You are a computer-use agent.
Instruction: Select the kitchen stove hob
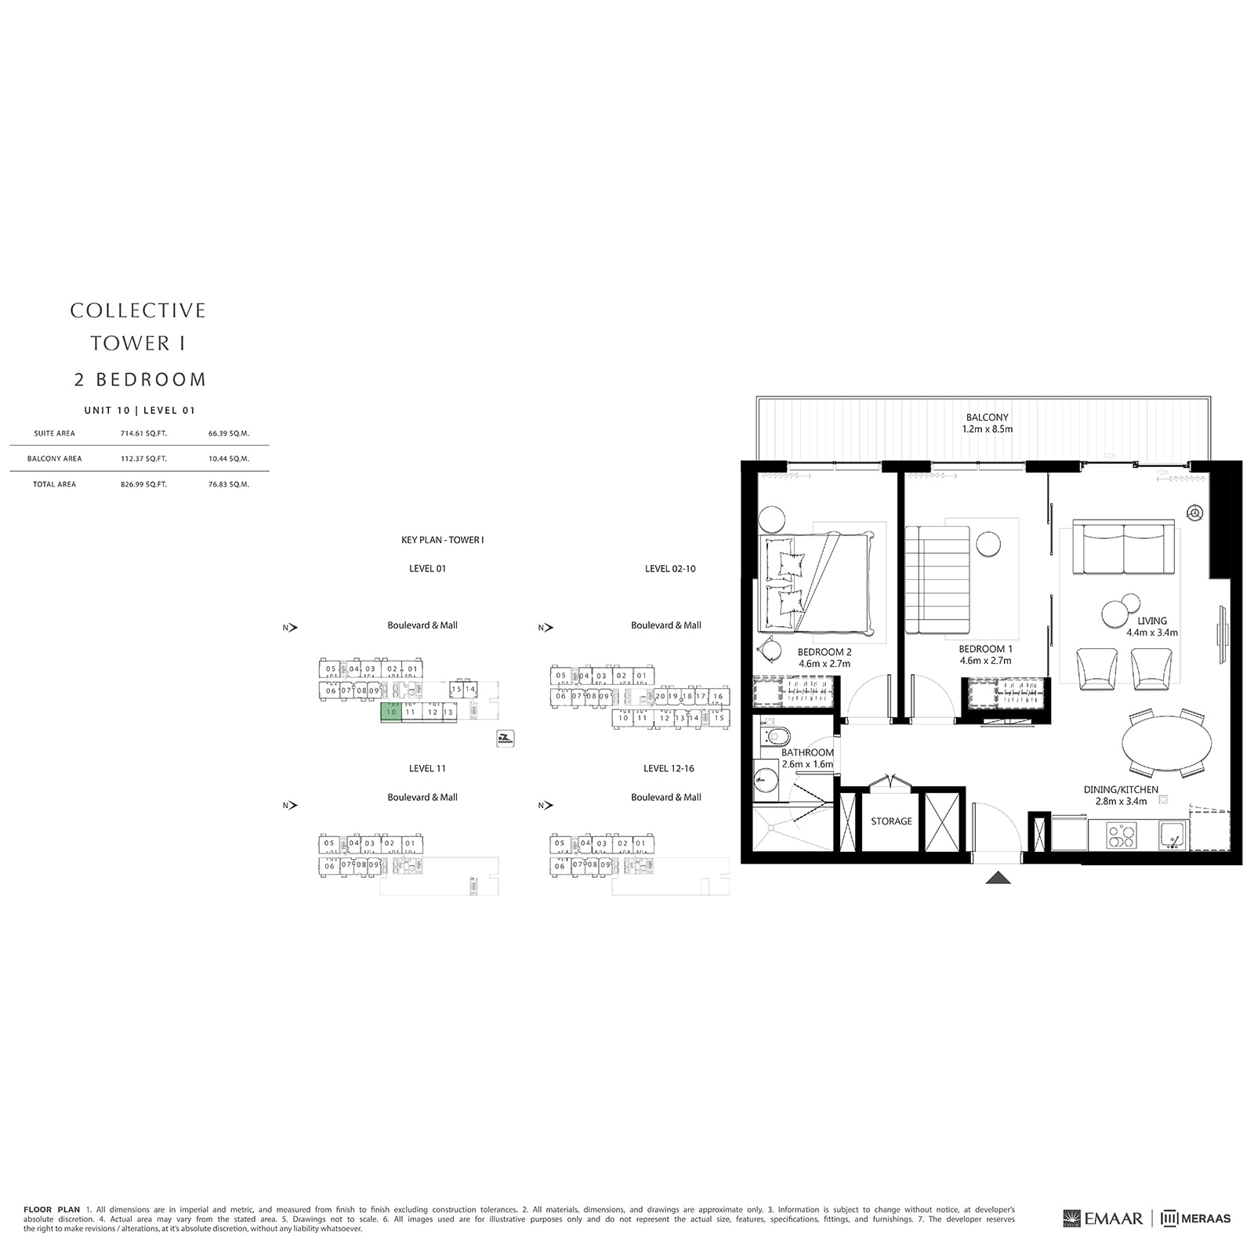pyautogui.click(x=1121, y=835)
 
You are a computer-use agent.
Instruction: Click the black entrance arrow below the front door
pyautogui.click(x=998, y=878)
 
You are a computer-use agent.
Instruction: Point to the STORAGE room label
pyautogui.click(x=891, y=821)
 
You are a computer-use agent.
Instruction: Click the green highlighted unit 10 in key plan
pyautogui.click(x=391, y=712)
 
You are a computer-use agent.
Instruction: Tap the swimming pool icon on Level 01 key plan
pyautogui.click(x=506, y=738)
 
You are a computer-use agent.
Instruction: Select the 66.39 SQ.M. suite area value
pyautogui.click(x=229, y=433)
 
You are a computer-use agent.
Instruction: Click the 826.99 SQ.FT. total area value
pyautogui.click(x=143, y=484)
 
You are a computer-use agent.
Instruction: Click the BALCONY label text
pyautogui.click(x=987, y=418)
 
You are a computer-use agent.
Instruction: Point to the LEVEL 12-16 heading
pyautogui.click(x=669, y=768)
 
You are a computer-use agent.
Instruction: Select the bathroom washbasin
pyautogui.click(x=766, y=779)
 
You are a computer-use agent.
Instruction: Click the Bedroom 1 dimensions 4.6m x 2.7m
pyautogui.click(x=985, y=661)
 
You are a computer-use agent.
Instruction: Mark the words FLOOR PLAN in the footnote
pyautogui.click(x=52, y=1209)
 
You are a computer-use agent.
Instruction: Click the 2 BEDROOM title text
pyautogui.click(x=140, y=379)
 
